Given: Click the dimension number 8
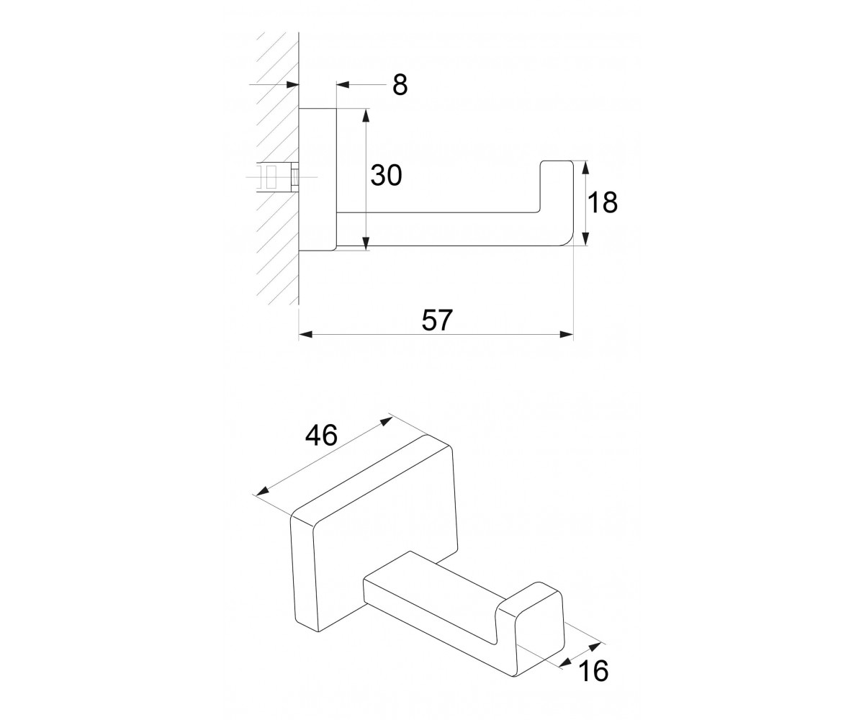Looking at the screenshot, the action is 400,85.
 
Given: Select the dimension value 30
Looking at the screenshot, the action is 386,175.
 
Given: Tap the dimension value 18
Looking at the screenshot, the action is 602,203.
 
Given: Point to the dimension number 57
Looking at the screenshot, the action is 437,320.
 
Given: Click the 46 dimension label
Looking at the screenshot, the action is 321,436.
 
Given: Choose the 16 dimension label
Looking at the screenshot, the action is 593,671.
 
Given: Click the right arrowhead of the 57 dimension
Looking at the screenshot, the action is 567,334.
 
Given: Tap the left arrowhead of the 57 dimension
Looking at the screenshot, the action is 305,334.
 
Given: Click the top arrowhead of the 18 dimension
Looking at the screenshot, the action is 585,168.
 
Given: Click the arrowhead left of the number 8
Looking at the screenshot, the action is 343,85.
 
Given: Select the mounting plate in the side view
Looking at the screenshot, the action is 318,180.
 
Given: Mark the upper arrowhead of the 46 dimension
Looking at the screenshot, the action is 387,422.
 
